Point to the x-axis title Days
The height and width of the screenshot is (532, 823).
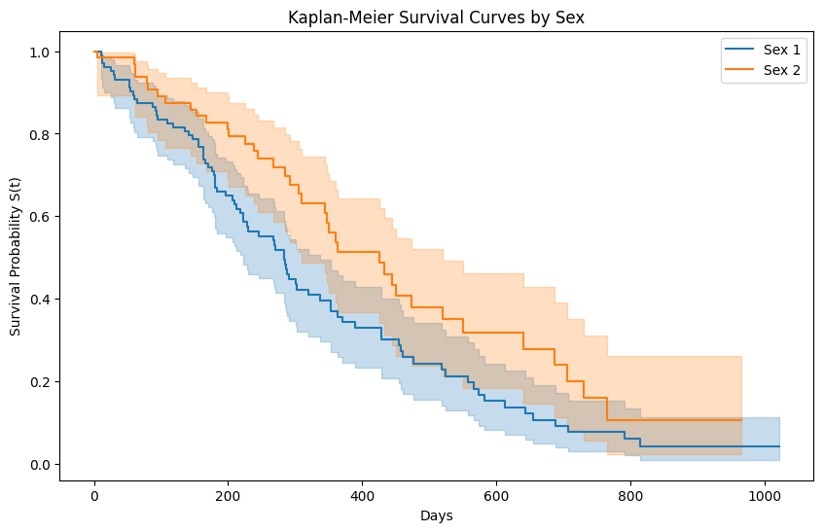[x=436, y=515]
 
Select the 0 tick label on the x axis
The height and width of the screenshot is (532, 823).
[x=94, y=495]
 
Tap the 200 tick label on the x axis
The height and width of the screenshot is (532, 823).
[x=229, y=495]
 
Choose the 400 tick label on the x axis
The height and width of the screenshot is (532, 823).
[x=362, y=495]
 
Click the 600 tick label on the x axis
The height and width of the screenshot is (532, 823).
[x=496, y=495]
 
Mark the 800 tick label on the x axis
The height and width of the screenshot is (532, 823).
[x=630, y=495]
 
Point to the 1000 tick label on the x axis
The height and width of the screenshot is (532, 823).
[x=764, y=495]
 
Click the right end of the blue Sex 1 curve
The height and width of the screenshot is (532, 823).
[x=778, y=446]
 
